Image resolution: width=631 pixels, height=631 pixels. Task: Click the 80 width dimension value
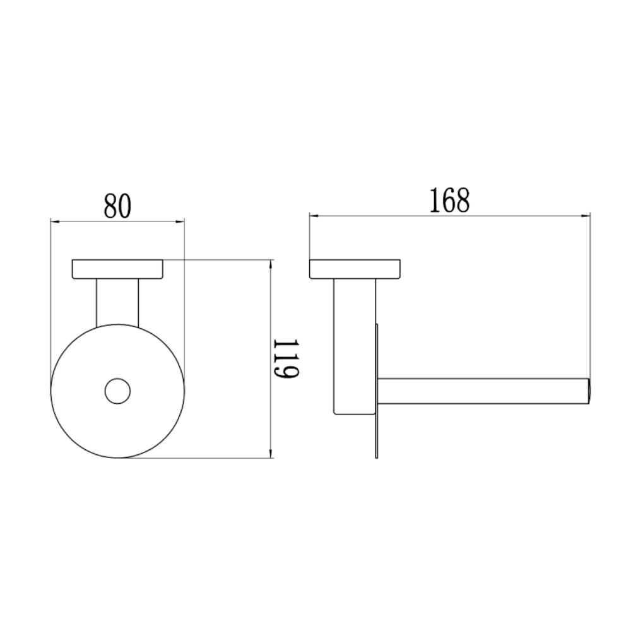pyautogui.click(x=117, y=206)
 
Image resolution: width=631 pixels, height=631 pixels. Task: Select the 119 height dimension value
pyautogui.click(x=285, y=359)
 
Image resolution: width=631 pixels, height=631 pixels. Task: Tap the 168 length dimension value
pyautogui.click(x=450, y=201)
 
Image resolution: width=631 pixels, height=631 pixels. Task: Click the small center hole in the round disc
pyautogui.click(x=117, y=391)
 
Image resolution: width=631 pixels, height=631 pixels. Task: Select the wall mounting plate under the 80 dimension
pyautogui.click(x=117, y=269)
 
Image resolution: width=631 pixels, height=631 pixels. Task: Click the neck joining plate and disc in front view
pyautogui.click(x=117, y=303)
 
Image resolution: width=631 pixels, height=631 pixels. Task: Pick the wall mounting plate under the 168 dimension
pyautogui.click(x=355, y=269)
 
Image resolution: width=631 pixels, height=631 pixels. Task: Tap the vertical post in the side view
pyautogui.click(x=355, y=347)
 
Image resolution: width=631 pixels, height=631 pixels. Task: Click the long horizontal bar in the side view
pyautogui.click(x=483, y=391)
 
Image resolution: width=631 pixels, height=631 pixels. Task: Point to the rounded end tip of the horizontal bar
pyautogui.click(x=587, y=391)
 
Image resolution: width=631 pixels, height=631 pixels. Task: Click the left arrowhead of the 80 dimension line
pyautogui.click(x=54, y=221)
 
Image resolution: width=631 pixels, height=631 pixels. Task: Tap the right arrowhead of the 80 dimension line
pyautogui.click(x=181, y=221)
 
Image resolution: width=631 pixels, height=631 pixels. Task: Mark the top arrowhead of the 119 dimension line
pyautogui.click(x=271, y=263)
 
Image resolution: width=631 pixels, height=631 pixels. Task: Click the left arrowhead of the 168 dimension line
pyautogui.click(x=313, y=216)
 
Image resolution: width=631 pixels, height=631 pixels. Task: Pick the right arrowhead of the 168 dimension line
pyautogui.click(x=586, y=216)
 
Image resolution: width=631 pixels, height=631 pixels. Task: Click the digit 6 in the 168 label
pyautogui.click(x=450, y=201)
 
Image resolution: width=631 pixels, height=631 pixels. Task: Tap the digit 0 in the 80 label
pyautogui.click(x=124, y=206)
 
